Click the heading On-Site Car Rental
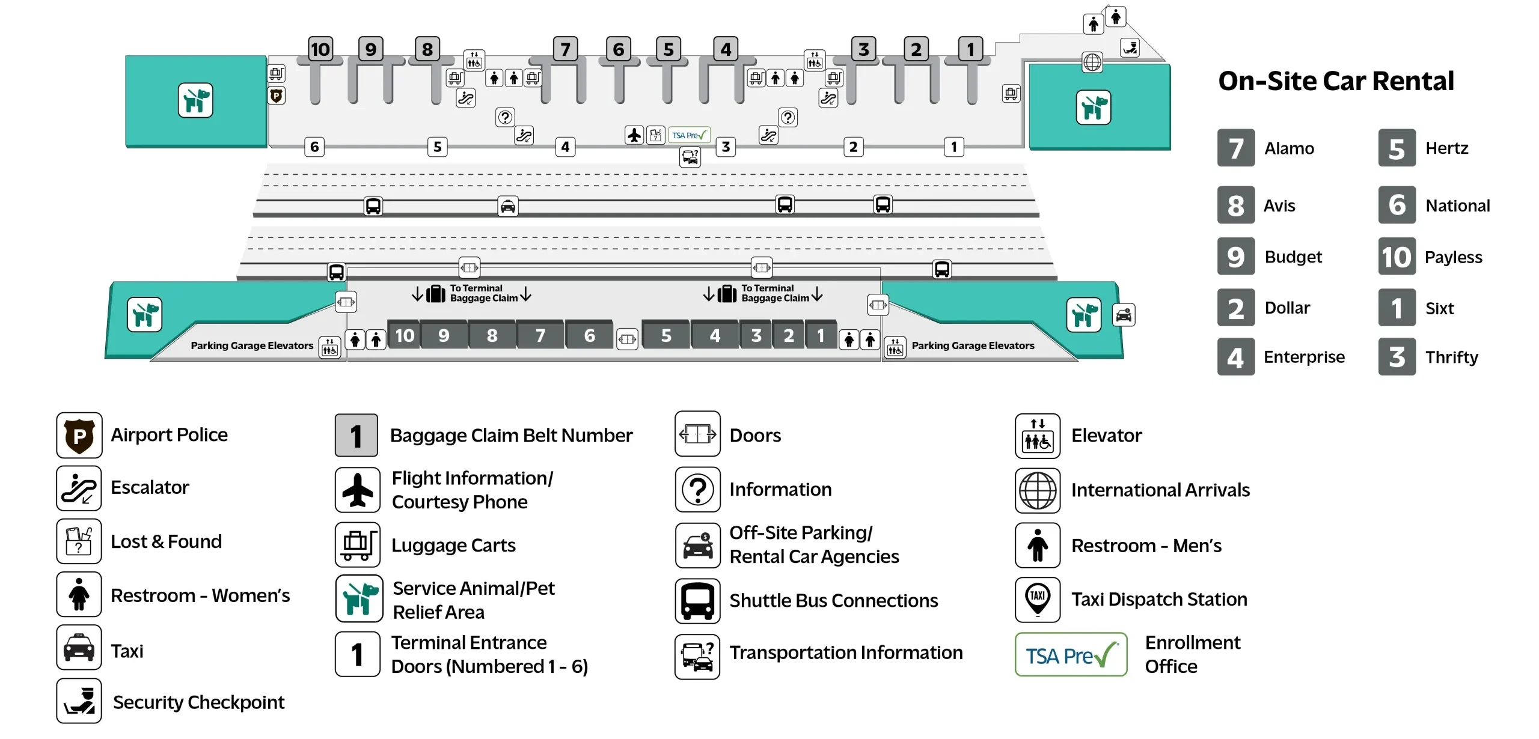coord(1336,81)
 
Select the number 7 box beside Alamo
coord(1235,148)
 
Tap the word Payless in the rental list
coord(1453,257)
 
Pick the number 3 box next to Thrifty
coord(1397,357)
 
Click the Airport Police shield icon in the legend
coord(79,435)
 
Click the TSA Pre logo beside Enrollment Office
coord(1071,655)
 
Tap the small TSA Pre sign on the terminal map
coord(689,135)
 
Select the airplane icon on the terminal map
coord(634,135)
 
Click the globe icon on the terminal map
coord(1092,62)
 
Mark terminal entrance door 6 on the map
coord(314,147)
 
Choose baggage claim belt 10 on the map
coord(405,335)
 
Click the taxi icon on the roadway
coord(508,207)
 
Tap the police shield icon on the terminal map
coord(277,96)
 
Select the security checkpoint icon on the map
coord(1130,47)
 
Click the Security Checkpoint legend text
coord(198,702)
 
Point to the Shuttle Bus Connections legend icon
coord(697,601)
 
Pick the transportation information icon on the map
coord(690,157)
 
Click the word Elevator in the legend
coord(1106,436)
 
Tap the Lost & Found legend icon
coord(79,541)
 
